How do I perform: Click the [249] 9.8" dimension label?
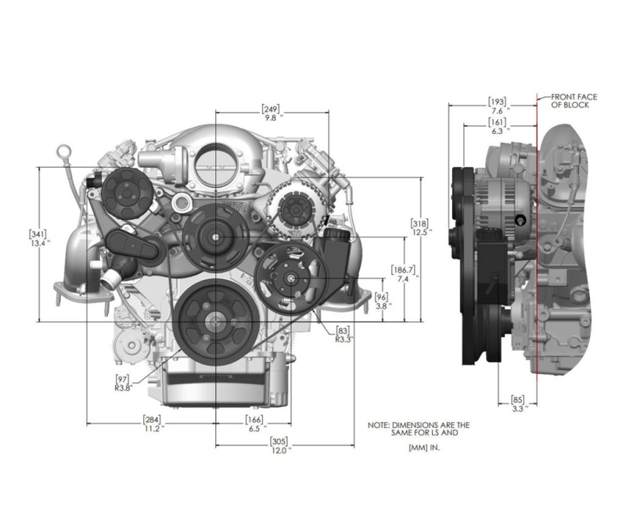tap(271, 113)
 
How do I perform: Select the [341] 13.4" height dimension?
tap(38, 238)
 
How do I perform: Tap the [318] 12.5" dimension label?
tap(421, 227)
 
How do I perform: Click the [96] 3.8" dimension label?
tap(383, 301)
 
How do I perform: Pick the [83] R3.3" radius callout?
tap(344, 335)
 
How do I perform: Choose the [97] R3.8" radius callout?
tap(123, 383)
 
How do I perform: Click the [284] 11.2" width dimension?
tap(153, 424)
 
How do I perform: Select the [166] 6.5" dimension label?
tap(254, 424)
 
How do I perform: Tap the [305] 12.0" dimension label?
tap(279, 446)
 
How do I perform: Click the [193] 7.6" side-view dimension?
tap(498, 106)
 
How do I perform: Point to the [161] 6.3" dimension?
tap(498, 126)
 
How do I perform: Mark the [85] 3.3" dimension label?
tap(518, 403)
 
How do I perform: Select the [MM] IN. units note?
tap(424, 448)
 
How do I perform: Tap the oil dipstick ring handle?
tap(64, 151)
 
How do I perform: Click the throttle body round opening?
tap(216, 167)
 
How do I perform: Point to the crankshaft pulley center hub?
tap(216, 322)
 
